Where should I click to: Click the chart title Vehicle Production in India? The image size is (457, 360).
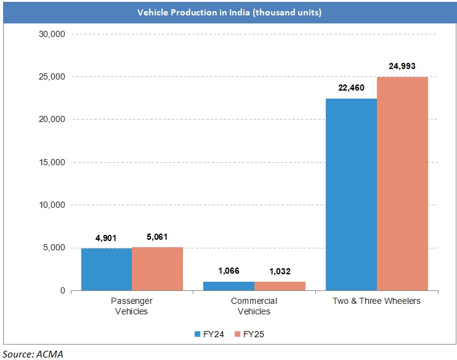tap(228, 12)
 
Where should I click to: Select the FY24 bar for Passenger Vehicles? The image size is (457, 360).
tap(106, 269)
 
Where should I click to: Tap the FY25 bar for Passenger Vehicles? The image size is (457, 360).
tap(157, 269)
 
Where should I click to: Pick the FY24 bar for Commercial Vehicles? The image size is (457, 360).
tap(228, 286)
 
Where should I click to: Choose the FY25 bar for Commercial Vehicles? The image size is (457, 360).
tap(280, 286)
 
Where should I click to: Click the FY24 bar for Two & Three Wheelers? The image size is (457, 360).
tap(351, 194)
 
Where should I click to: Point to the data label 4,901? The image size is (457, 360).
tap(105, 238)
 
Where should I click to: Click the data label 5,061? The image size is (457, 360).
tap(157, 237)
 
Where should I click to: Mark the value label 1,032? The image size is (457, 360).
tap(280, 271)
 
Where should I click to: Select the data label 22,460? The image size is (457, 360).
tap(351, 88)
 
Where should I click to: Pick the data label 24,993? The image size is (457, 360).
tap(403, 66)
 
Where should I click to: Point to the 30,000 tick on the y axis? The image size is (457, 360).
tap(52, 34)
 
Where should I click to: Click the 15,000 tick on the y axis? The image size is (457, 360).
tap(52, 162)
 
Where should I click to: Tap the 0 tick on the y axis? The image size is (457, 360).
tap(62, 290)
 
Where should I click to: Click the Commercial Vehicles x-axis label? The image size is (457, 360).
tap(254, 306)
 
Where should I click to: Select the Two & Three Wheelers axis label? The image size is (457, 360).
tap(376, 301)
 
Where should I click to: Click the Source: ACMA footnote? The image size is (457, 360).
tap(33, 353)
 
